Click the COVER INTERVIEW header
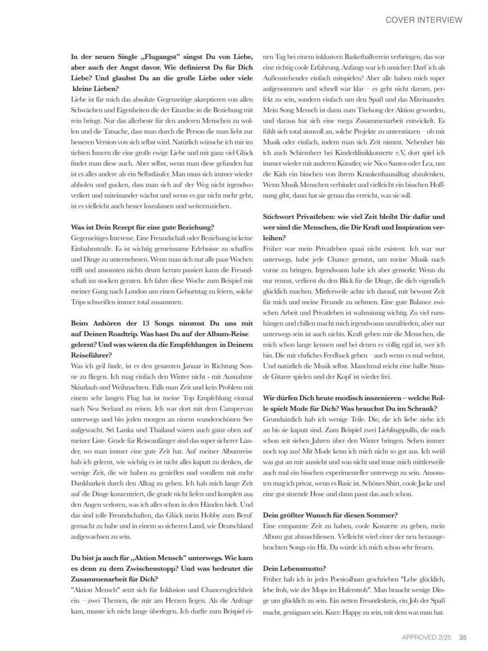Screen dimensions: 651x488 [423, 20]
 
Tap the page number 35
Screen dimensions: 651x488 [463, 636]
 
